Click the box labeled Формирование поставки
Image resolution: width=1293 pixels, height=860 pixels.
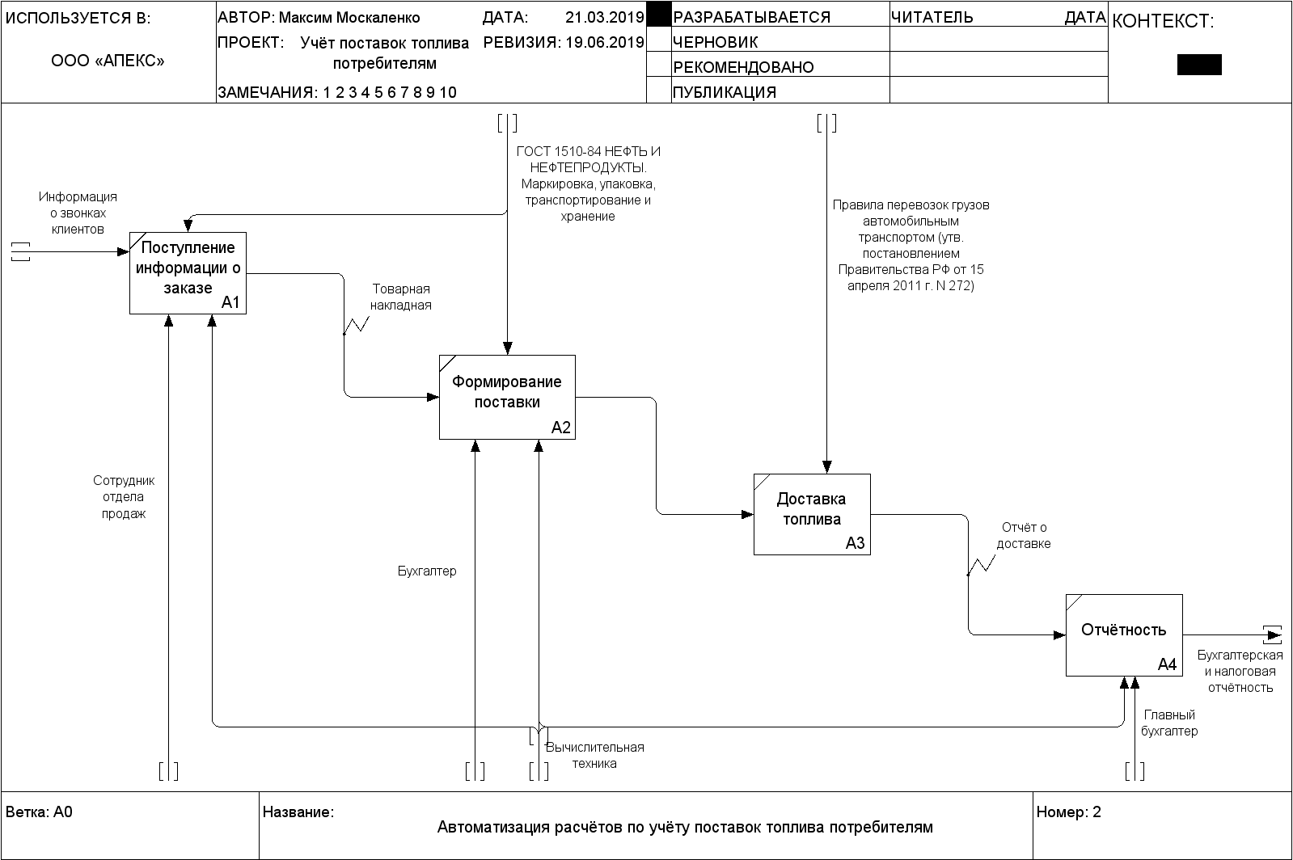(507, 397)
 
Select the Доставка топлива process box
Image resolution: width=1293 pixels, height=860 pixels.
(812, 515)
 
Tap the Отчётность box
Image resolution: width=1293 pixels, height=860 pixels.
(1124, 635)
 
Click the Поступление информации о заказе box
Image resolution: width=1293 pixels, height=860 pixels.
(188, 273)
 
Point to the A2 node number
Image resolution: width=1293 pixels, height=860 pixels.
(560, 428)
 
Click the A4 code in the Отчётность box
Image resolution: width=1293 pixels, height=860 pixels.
(1167, 664)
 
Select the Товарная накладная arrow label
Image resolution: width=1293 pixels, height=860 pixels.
(400, 297)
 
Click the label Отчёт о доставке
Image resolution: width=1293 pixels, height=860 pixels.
(1024, 535)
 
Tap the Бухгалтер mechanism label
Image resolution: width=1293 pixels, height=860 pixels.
(427, 571)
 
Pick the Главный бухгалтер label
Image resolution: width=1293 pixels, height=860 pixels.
(1169, 723)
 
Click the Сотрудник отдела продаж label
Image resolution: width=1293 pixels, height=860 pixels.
(124, 497)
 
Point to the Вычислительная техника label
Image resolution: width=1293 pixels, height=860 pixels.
(594, 755)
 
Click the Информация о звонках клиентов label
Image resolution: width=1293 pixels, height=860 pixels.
(78, 213)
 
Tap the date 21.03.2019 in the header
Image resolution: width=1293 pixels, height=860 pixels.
(604, 17)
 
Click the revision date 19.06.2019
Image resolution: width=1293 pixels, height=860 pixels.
(604, 42)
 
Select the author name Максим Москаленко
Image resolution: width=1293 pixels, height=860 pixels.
(349, 18)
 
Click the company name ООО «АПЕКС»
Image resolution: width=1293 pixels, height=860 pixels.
(108, 61)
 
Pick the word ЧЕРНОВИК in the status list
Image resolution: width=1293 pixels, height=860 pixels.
(715, 42)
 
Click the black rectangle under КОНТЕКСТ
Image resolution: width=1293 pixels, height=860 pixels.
(1199, 65)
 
